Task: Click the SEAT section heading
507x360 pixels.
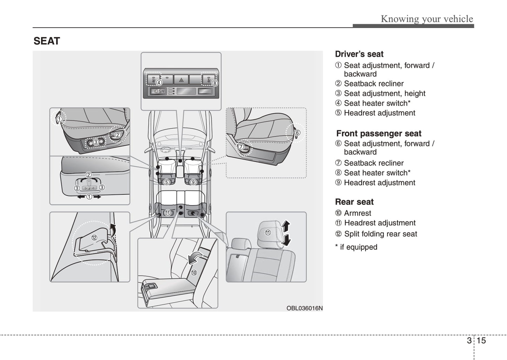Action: pos(47,41)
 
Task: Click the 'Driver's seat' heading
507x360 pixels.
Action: pos(359,54)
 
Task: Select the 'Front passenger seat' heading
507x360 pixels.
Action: pos(379,133)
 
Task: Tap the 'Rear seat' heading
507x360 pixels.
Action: pos(354,202)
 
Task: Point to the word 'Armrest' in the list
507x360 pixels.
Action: pos(358,213)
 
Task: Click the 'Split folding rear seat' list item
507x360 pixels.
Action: pos(380,234)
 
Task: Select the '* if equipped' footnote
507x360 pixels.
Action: pos(356,247)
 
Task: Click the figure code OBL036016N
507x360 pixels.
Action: pos(304,308)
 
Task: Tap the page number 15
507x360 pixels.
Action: pos(481,340)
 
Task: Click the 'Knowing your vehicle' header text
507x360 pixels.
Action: pos(427,19)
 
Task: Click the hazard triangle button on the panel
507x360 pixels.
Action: pos(181,80)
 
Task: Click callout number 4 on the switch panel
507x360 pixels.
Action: pos(159,83)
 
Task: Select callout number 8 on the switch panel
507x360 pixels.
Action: pos(215,83)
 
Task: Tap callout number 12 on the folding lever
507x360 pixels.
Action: pos(94,238)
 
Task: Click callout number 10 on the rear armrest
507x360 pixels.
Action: pos(194,272)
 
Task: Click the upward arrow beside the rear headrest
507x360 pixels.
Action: pos(286,226)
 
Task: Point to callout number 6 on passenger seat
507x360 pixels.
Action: pos(297,133)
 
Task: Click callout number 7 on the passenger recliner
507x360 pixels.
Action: pos(241,147)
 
